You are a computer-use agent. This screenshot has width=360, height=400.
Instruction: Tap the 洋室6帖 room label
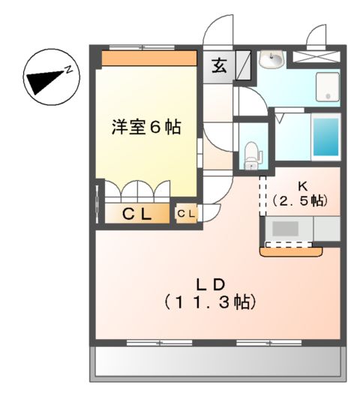tap(146, 127)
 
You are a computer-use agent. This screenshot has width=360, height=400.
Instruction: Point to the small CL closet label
tap(186, 215)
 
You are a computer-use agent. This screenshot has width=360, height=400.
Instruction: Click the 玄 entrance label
tap(218, 65)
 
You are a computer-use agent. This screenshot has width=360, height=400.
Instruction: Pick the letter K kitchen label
tap(302, 185)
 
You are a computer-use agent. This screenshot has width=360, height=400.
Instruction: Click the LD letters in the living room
tap(211, 284)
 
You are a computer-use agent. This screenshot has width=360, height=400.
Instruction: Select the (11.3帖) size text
tap(211, 302)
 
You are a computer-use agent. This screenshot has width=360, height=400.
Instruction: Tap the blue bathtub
tap(325, 137)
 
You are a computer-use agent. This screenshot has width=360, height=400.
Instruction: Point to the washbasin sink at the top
tap(271, 59)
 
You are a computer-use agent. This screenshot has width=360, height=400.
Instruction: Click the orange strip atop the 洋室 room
tap(148, 58)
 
